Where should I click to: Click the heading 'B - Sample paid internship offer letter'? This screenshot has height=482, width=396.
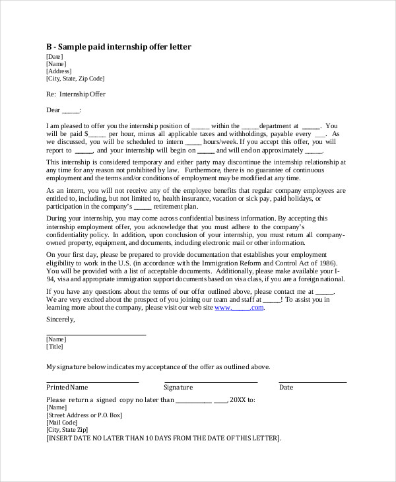(x=119, y=47)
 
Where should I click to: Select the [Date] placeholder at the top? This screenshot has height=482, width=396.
(x=55, y=57)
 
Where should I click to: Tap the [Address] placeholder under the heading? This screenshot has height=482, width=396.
(x=59, y=71)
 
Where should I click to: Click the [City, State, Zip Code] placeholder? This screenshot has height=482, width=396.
(x=75, y=79)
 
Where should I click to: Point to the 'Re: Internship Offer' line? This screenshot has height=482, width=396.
(x=76, y=94)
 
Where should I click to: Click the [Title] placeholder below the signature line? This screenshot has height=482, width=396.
(x=55, y=346)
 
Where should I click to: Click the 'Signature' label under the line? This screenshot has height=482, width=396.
(x=178, y=388)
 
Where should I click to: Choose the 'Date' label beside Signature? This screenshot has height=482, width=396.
(x=286, y=388)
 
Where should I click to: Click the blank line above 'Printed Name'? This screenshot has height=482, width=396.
(x=92, y=382)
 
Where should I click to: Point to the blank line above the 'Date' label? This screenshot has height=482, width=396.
(x=312, y=382)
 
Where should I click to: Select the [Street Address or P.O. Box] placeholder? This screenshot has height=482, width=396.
(x=84, y=415)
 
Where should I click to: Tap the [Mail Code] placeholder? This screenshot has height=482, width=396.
(x=64, y=423)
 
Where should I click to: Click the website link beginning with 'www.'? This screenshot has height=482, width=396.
(x=239, y=307)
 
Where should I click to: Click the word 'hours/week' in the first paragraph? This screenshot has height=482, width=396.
(x=220, y=141)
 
